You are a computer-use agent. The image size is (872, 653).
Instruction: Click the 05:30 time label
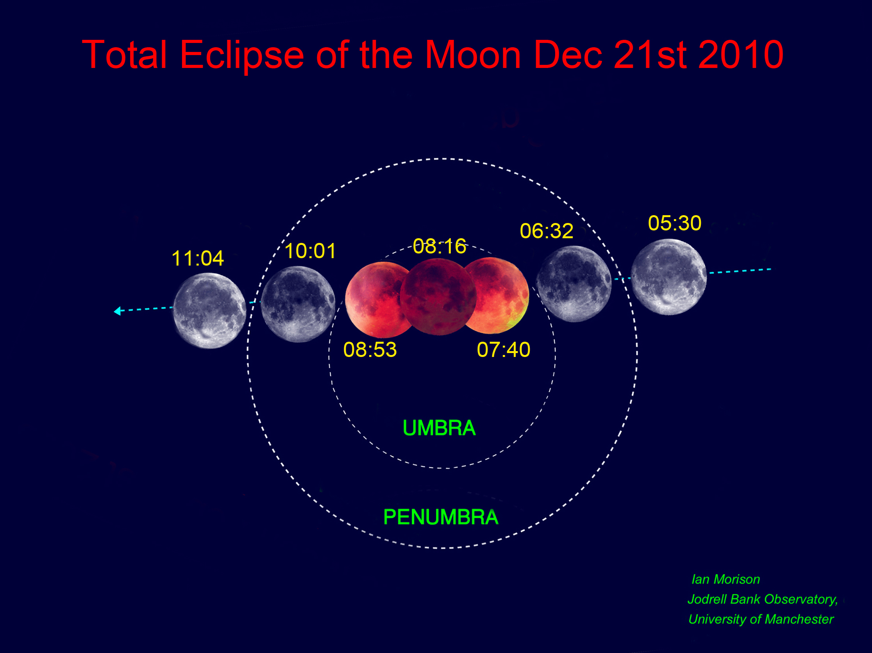(674, 223)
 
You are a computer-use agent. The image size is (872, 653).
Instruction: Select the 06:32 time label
(547, 231)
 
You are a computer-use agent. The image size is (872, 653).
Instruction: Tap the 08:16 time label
(440, 246)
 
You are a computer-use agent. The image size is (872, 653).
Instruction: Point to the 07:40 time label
(504, 350)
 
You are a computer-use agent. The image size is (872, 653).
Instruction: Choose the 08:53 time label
(370, 350)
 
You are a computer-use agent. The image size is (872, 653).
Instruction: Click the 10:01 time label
(310, 251)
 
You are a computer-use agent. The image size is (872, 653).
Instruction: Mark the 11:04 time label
(198, 259)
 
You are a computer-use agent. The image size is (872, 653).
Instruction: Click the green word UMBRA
(439, 428)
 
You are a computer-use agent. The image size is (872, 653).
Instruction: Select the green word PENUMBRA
(441, 517)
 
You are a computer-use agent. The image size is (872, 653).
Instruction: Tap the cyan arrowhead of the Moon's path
(117, 311)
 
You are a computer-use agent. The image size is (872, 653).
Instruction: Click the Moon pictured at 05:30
(668, 277)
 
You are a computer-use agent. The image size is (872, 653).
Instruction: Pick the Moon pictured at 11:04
(210, 310)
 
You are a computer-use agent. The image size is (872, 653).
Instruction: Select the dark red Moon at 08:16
(438, 297)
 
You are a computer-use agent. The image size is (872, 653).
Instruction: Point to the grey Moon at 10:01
(298, 304)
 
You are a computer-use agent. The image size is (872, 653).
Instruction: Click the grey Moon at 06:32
(574, 284)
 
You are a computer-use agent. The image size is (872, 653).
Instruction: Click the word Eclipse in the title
(242, 55)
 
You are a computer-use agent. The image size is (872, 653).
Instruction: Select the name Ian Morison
(726, 579)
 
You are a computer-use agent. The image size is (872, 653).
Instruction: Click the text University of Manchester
(761, 619)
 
